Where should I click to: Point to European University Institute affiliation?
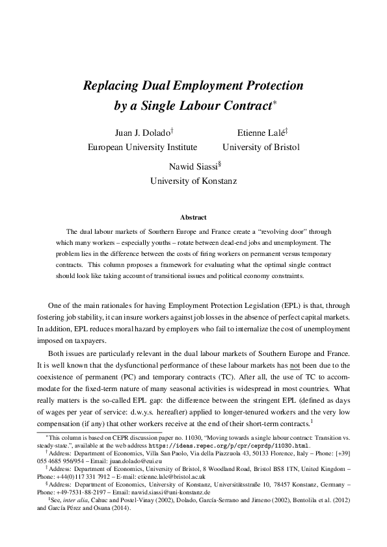click(142, 147)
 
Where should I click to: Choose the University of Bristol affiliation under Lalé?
click(261, 147)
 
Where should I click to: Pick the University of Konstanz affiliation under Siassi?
click(193, 181)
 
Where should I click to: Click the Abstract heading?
click(193, 217)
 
